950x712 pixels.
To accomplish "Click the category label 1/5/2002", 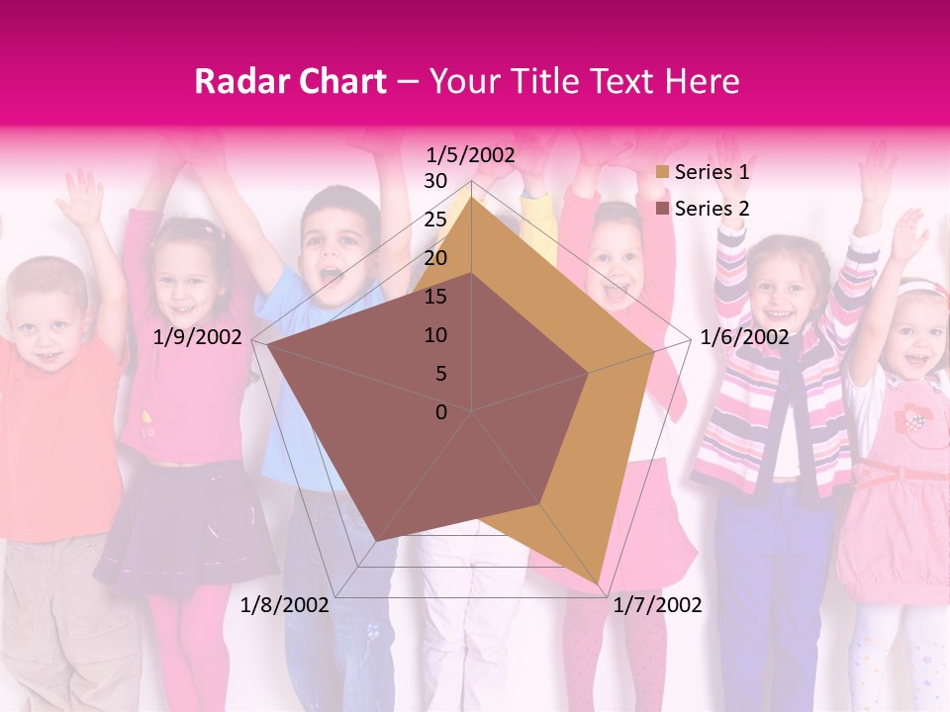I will [x=471, y=155].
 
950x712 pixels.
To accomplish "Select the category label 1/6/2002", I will [x=744, y=337].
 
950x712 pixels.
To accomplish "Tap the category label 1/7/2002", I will [x=657, y=605].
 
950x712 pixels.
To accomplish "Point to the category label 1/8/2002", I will [x=284, y=605].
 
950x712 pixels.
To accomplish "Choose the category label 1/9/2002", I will [x=198, y=337].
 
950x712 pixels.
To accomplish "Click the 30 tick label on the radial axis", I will [x=435, y=181].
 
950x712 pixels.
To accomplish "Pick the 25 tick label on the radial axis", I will [x=435, y=220].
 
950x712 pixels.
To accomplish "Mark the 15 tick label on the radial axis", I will [x=435, y=297].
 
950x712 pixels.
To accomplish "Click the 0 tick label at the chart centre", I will [x=441, y=412].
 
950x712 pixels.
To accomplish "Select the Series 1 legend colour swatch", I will [x=662, y=173].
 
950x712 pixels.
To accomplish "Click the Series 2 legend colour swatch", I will [x=662, y=209].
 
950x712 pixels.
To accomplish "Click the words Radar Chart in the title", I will [x=290, y=82].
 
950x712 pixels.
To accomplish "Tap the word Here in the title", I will [x=702, y=82].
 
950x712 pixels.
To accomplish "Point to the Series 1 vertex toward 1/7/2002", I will [x=600, y=583].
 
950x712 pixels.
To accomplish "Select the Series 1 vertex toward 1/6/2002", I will [x=654, y=351].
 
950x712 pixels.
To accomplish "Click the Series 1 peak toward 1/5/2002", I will [x=472, y=196].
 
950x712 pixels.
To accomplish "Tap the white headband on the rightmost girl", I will [x=920, y=288].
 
